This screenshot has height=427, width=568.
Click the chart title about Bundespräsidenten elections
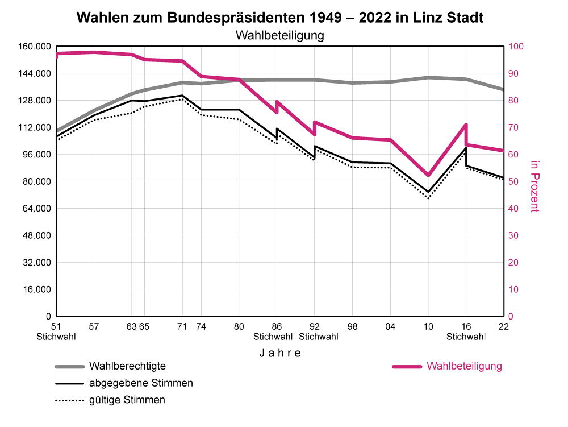coord(279,18)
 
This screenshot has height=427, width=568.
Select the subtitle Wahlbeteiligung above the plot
coord(279,35)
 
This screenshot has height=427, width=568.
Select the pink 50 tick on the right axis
coord(513,181)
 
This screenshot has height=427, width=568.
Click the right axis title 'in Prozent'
coord(534,186)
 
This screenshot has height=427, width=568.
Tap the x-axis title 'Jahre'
coord(280,353)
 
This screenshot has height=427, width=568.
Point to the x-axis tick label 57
coord(94,327)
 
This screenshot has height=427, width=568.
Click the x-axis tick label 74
coord(201,327)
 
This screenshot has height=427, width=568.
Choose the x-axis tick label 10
coord(428,327)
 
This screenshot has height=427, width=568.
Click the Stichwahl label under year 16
coord(466,337)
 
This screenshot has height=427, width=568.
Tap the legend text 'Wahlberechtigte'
coord(127,366)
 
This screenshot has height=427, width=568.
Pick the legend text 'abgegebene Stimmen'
coord(141,383)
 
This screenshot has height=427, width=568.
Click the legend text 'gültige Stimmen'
coord(127,400)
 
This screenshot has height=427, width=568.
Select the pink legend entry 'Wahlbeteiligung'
coord(464,366)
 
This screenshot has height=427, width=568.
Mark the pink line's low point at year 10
coord(428,175)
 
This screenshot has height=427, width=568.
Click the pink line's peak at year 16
coord(466,125)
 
